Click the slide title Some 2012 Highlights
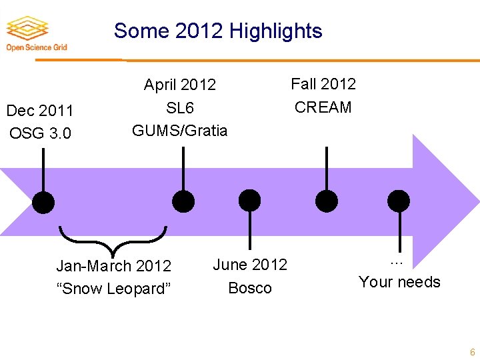(x=218, y=31)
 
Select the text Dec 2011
(x=39, y=110)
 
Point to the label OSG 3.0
(x=40, y=133)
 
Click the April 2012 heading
(x=180, y=85)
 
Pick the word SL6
(x=180, y=107)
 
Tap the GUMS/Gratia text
(x=180, y=130)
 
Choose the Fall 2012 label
(x=323, y=84)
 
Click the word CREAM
(x=323, y=107)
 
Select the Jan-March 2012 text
(x=114, y=266)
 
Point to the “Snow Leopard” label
(x=114, y=289)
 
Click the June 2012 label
(x=250, y=265)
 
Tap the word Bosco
(x=250, y=288)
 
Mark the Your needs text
(x=399, y=282)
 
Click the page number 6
(x=472, y=352)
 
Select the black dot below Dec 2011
(x=44, y=202)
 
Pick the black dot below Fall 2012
(x=327, y=200)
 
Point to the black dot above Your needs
(x=399, y=200)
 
